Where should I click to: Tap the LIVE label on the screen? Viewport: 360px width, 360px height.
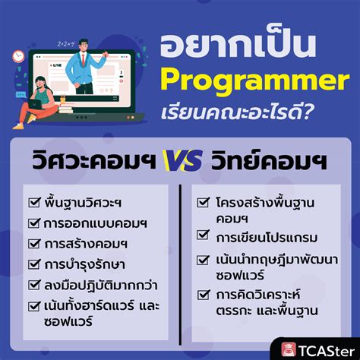point(56,67)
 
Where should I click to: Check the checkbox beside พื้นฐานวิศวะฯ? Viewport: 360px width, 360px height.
point(33,203)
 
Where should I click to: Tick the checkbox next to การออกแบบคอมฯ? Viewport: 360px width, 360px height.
point(33,223)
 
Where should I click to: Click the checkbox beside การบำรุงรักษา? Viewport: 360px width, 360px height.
point(33,265)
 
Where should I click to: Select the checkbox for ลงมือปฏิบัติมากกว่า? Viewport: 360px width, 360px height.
point(33,286)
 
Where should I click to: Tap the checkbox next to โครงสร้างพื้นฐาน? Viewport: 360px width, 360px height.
point(204,203)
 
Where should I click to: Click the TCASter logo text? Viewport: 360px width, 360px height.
point(327,349)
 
